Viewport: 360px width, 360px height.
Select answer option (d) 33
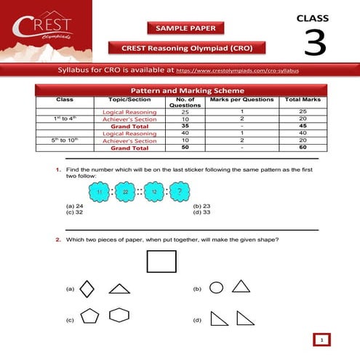click(x=201, y=212)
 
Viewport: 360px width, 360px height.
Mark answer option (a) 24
click(x=73, y=206)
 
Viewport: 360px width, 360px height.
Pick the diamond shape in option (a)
click(x=87, y=289)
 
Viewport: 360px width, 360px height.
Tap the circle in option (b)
click(x=216, y=287)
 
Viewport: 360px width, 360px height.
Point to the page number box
click(x=321, y=340)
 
